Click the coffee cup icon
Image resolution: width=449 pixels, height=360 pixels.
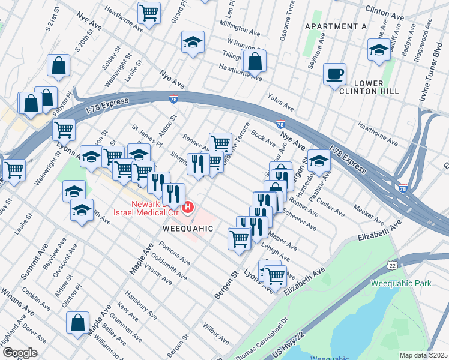(334, 74)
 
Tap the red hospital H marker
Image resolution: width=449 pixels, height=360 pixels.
(188, 208)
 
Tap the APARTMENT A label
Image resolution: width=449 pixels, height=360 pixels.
(336, 26)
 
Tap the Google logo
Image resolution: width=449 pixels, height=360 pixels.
(20, 352)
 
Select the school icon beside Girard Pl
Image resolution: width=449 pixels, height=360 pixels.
(193, 42)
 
